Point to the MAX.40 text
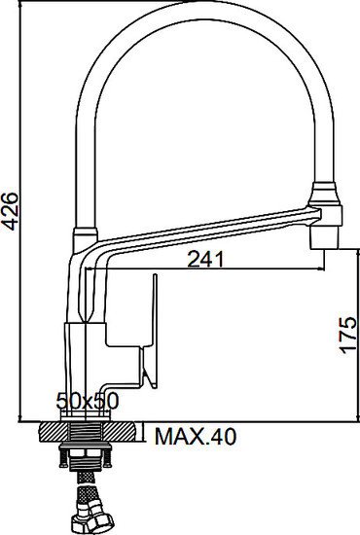click(195, 439)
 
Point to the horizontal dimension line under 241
click(204, 269)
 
